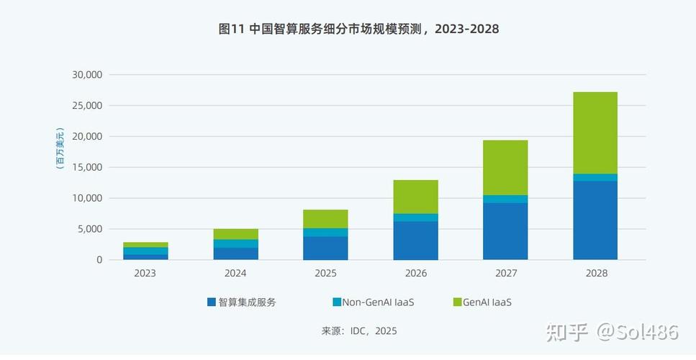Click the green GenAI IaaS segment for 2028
595,132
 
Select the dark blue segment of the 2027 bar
505,231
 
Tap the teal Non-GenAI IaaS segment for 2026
415,217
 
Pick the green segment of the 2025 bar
325,219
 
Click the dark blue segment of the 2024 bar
235,253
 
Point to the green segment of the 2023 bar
145,245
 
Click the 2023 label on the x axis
145,274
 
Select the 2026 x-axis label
415,274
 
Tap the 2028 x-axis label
596,274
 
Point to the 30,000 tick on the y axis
87,75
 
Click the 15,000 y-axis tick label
87,167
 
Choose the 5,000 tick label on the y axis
90,229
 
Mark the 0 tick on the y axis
100,260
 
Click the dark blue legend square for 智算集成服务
212,302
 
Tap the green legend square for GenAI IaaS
457,302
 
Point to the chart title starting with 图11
348,30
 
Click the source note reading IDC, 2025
359,331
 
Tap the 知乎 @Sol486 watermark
612,332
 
